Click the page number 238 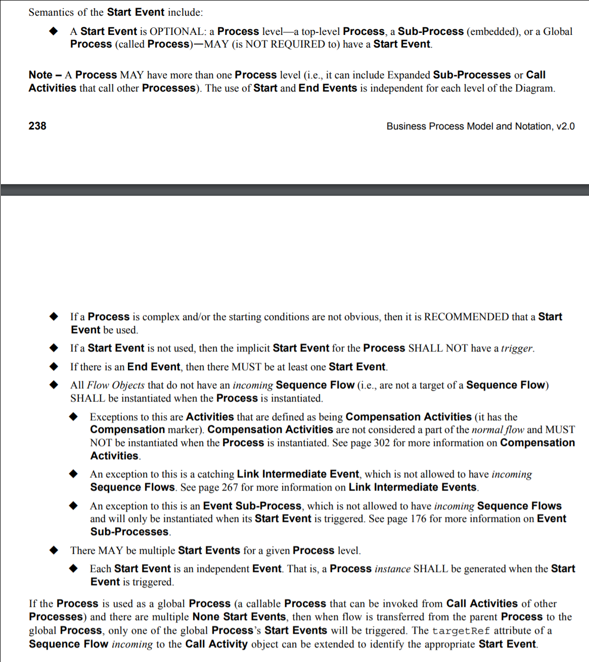(x=37, y=126)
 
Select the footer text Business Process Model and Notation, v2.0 (x=480, y=126)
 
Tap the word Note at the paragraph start (x=40, y=75)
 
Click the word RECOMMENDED (x=466, y=317)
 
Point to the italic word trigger (x=516, y=348)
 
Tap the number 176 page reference (x=418, y=519)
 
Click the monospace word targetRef (x=461, y=631)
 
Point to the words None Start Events (x=239, y=617)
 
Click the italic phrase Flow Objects (x=116, y=385)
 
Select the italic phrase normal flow (x=498, y=430)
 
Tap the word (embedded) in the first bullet (x=493, y=31)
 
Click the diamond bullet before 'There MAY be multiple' (x=54, y=550)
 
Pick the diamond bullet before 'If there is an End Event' (x=54, y=367)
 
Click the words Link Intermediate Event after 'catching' (x=298, y=474)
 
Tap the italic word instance (x=392, y=569)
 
